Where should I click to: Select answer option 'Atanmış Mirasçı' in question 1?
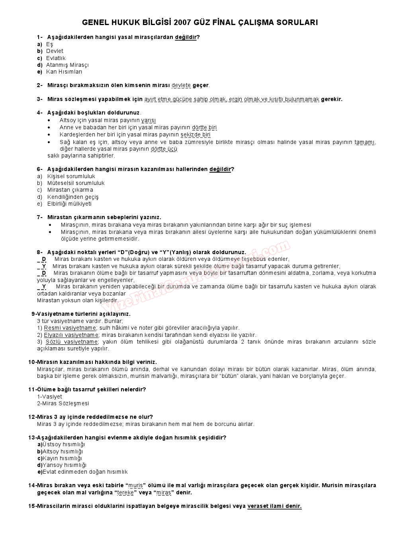pos(67,65)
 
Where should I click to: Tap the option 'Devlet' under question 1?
pos(55,51)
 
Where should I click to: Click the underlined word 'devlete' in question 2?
pos(181,85)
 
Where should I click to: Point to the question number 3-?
pos(40,99)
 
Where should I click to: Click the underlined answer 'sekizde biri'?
pos(195,134)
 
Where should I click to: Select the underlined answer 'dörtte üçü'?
pos(164,149)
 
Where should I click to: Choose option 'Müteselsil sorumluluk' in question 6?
pos(76,183)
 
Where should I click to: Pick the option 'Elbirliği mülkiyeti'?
pos(69,204)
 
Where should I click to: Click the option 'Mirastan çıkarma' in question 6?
pos(70,190)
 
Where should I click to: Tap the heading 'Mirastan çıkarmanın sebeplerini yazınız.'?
pos(104,217)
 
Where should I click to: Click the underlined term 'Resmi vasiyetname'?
pos(70,328)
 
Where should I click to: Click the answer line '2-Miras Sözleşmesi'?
pos(63,403)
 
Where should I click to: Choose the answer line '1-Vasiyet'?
pos(49,397)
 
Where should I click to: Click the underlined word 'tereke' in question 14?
pos(125,492)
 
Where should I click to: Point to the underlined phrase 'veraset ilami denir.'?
pos(274,506)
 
